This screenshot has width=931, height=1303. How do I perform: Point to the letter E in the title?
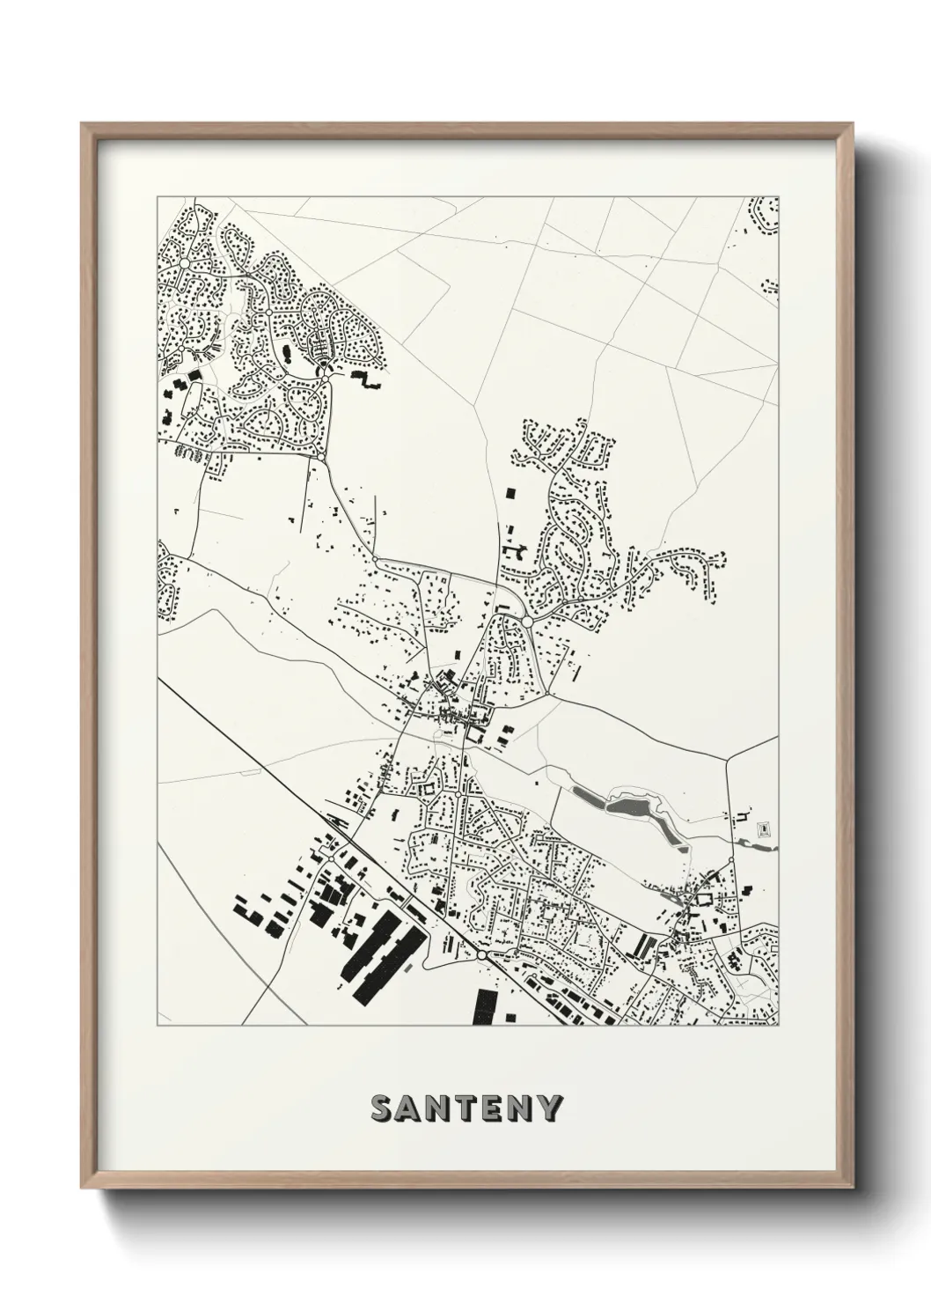pyautogui.click(x=495, y=1108)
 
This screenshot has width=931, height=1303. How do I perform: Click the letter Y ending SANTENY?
pyautogui.click(x=551, y=1108)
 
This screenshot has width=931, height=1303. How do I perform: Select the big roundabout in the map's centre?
pyautogui.click(x=526, y=621)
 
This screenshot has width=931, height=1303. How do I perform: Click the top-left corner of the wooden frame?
pyautogui.click(x=84, y=125)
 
